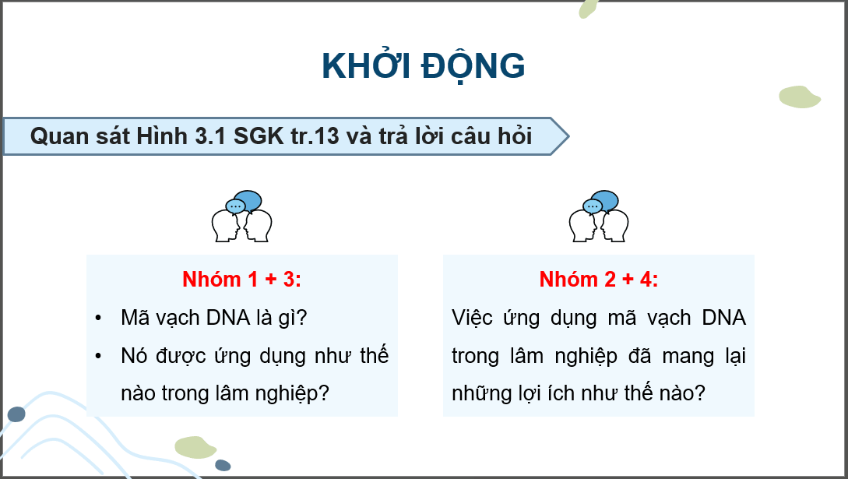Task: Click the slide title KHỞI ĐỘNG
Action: coord(424,67)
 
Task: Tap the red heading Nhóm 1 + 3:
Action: coord(241,280)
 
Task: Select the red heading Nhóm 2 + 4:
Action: coord(598,280)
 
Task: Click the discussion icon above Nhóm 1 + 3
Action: coord(242,216)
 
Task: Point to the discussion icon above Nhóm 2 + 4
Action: coord(599,216)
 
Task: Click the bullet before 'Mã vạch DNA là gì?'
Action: coord(98,319)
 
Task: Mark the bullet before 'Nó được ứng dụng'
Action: coord(98,356)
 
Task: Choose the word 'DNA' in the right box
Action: coord(723,319)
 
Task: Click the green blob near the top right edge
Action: coord(800,97)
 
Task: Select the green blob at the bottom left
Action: coord(195,447)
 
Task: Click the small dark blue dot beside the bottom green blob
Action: coord(223,465)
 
